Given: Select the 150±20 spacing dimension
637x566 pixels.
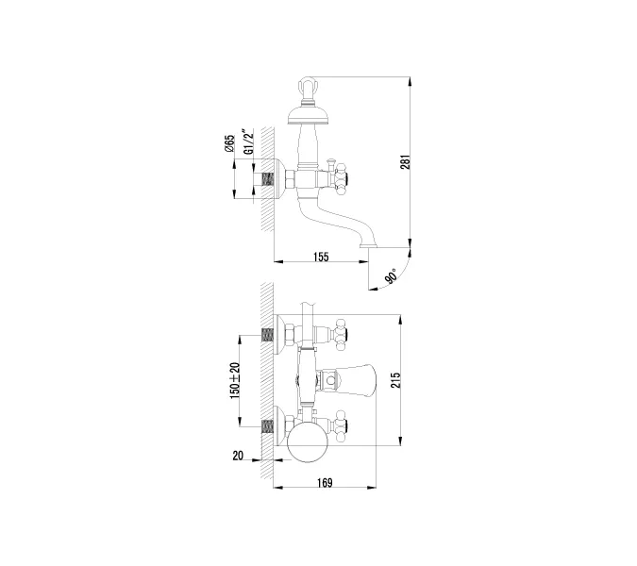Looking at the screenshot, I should (x=234, y=381).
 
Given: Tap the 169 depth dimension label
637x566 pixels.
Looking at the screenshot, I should (x=324, y=484).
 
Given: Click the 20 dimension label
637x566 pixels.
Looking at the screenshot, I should (x=238, y=456).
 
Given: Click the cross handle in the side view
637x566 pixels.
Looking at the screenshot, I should (x=335, y=175).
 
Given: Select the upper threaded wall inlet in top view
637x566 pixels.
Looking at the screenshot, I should (x=267, y=334).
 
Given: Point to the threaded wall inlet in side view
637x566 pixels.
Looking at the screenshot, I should (x=267, y=176).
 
